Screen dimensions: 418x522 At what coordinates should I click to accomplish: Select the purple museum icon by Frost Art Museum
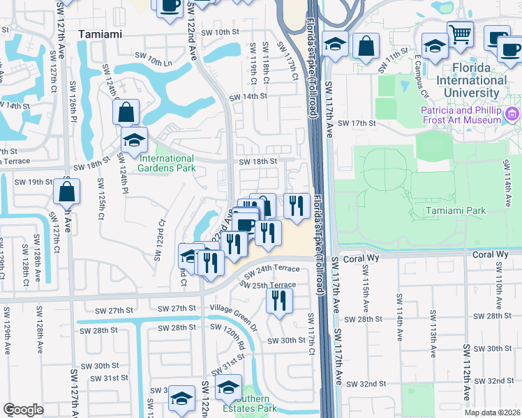[x=513, y=113]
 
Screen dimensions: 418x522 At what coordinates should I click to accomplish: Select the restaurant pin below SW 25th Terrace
[x=278, y=300]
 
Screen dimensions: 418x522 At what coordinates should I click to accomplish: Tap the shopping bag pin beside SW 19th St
[x=66, y=192]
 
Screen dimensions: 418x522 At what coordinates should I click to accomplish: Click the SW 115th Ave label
[x=365, y=288]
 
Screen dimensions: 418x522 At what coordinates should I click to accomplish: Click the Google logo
[x=23, y=410]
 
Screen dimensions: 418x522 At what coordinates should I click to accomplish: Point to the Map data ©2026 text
[x=493, y=412]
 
